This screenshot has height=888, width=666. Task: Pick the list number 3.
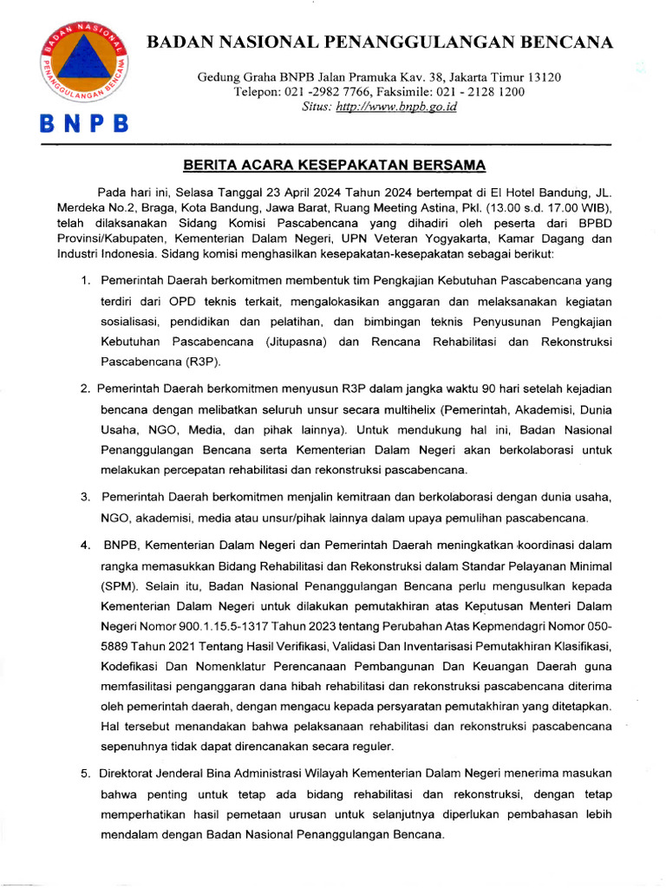[85, 498]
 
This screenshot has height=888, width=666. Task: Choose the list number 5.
[85, 774]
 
